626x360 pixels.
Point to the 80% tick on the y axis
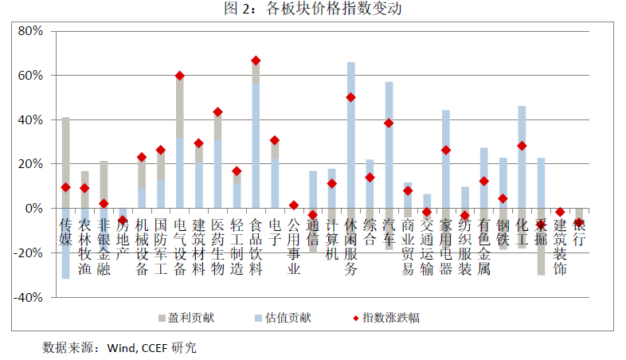click(x=29, y=31)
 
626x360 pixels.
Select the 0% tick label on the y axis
click(x=34, y=209)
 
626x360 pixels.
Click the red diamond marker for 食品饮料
click(x=256, y=61)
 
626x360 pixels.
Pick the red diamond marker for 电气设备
click(x=180, y=76)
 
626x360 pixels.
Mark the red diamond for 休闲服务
click(x=350, y=97)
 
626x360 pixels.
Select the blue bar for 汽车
click(x=389, y=159)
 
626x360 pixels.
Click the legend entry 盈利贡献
click(x=185, y=318)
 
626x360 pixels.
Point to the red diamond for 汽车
click(x=389, y=123)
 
